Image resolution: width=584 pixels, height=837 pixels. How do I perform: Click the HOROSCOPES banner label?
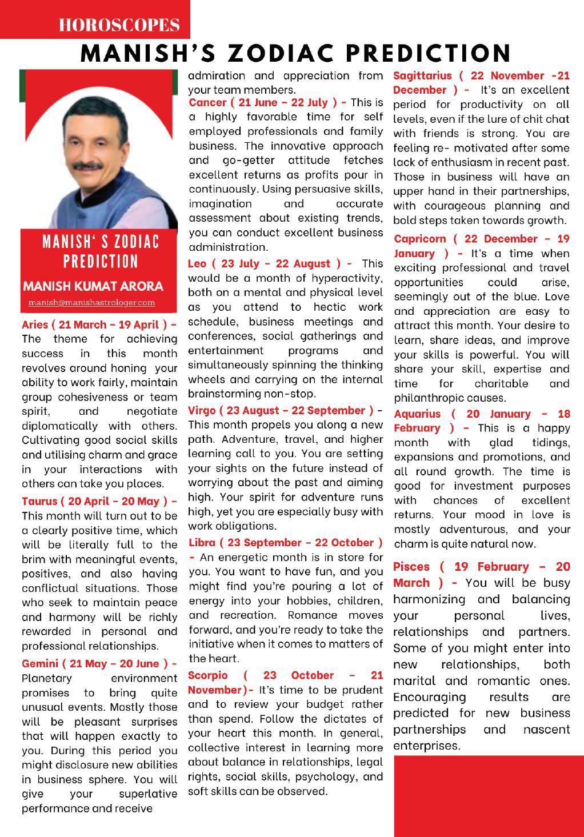(119, 25)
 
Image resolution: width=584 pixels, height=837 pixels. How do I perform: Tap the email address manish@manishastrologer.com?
(91, 302)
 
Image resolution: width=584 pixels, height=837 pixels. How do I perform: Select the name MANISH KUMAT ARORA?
(92, 286)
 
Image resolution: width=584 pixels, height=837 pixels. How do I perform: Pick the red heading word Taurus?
(39, 501)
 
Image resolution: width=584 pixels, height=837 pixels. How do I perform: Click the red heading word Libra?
(202, 543)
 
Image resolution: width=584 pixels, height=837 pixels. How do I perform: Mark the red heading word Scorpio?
(208, 675)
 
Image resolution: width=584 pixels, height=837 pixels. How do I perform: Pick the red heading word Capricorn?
(420, 239)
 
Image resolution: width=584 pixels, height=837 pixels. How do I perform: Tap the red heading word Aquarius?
(417, 414)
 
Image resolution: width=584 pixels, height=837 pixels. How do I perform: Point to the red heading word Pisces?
(411, 567)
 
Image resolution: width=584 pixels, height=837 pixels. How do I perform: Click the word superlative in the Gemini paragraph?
(148, 794)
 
